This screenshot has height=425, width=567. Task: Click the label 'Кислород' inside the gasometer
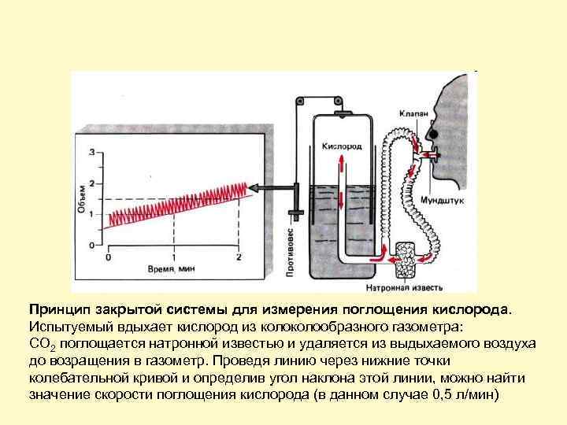click(x=340, y=146)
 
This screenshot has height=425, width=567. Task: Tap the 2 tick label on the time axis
click(x=238, y=257)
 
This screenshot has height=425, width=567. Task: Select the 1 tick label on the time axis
click(x=173, y=257)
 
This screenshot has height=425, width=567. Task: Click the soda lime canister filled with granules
click(x=408, y=257)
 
